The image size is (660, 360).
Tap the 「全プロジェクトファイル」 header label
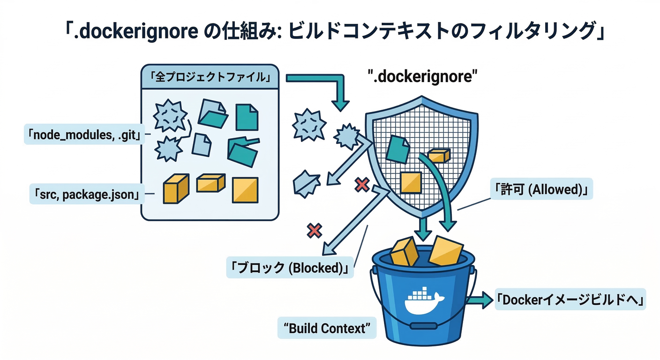coord(210,77)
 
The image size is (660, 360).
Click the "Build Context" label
coord(327,328)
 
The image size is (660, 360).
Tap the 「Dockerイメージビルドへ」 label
coord(570,300)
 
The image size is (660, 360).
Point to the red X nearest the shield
coord(361,185)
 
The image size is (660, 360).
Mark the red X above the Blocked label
coord(314,230)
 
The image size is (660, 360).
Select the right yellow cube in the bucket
coord(446,251)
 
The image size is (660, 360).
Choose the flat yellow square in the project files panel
coord(245,190)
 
